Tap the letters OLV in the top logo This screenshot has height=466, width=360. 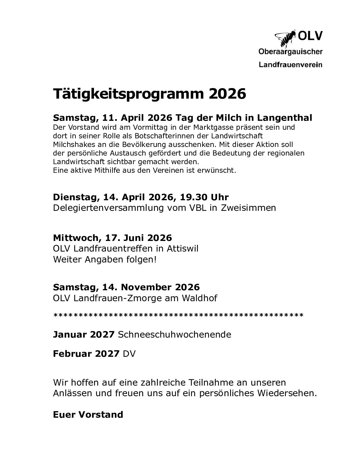tap(310, 36)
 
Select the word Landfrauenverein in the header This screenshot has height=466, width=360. tap(290, 65)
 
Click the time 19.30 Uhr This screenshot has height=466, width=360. tap(204, 197)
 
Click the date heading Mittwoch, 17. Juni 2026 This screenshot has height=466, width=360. tap(112, 238)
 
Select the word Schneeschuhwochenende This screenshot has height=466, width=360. tap(174, 334)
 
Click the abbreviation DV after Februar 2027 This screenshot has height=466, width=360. tap(129, 354)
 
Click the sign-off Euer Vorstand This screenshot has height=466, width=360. tap(88, 415)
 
